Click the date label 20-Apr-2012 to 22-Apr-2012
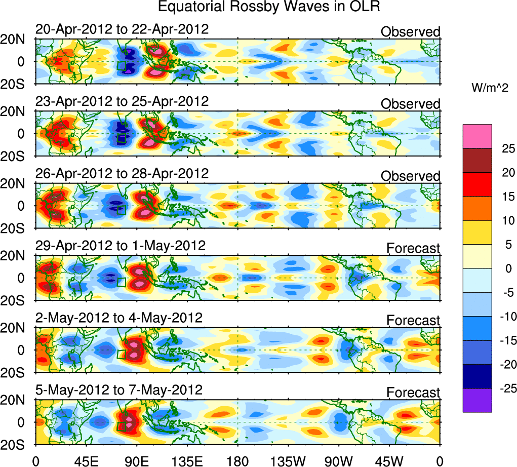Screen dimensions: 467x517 pos(122,29)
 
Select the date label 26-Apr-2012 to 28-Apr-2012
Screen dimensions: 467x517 pos(122,174)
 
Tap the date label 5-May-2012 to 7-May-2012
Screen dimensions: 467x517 pos(119,391)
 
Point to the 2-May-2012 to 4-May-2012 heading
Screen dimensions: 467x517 pos(119,318)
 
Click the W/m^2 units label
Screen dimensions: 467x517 pos(490,88)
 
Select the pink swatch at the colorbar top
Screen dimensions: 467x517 pos(477,136)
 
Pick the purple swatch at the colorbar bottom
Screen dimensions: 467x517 pos(477,400)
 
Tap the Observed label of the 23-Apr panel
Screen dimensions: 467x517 pos(410,104)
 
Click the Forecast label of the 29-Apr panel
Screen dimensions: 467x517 pos(413,248)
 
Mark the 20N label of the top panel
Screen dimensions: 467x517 pos(17,40)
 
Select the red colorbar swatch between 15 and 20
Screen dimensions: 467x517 pos(477,184)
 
